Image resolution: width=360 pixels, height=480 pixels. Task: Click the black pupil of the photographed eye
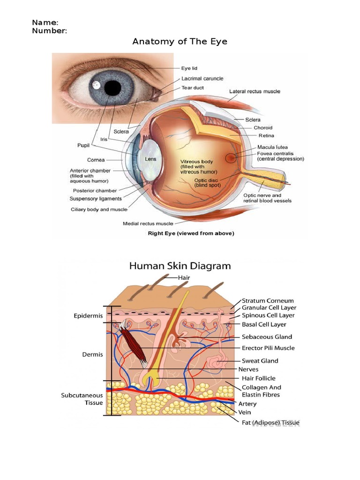tap(112, 87)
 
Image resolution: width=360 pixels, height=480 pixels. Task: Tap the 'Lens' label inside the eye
tap(150, 159)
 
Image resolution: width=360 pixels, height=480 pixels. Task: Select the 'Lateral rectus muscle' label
tap(255, 91)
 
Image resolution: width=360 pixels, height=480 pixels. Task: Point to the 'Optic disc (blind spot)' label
tap(206, 182)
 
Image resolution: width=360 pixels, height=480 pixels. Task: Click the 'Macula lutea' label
tap(273, 147)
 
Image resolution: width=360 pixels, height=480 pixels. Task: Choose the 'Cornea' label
tap(96, 160)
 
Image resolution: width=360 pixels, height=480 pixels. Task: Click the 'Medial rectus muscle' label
tap(148, 224)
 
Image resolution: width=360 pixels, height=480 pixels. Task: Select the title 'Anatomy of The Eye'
tap(180, 41)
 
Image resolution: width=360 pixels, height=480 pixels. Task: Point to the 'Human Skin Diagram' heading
tap(180, 266)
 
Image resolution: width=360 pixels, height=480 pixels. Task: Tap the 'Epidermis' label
tap(88, 316)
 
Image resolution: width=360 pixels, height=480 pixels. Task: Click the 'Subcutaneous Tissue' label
tap(82, 399)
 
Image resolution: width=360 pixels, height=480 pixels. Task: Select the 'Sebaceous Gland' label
tap(267, 337)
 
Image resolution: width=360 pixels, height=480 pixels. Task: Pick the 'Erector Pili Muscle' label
tap(268, 348)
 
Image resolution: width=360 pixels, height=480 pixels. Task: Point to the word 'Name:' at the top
tap(45, 22)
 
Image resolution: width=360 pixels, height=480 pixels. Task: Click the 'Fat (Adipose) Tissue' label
tap(270, 423)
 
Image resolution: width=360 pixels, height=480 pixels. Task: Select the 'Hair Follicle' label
tap(258, 378)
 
